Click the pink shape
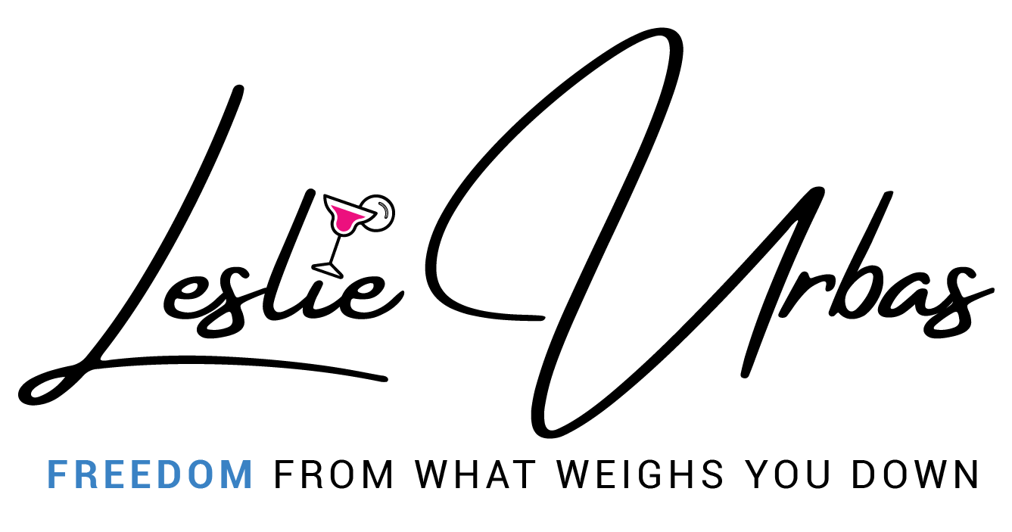coord(345,218)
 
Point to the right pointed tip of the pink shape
coord(363,217)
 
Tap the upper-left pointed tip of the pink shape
coord(333,207)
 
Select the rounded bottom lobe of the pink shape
coord(344,226)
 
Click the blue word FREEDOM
coord(150,474)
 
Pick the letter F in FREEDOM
coord(54,474)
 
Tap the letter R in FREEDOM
coord(83,474)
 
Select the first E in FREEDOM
coord(111,474)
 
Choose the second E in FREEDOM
coord(139,474)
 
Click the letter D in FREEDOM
coord(169,474)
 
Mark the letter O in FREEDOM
coord(201,474)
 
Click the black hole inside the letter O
coord(201,474)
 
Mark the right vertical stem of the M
coord(249,474)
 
